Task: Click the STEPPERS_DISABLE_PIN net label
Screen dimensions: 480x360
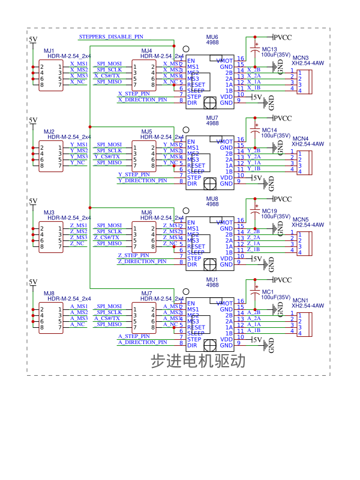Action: point(111,37)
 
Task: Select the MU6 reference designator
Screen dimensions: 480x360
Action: point(212,37)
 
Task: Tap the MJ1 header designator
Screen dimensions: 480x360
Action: point(49,50)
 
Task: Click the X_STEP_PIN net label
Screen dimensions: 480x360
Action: point(134,93)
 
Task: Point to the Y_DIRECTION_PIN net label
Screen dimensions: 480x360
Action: point(142,180)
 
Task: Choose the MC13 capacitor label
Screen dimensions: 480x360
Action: point(269,49)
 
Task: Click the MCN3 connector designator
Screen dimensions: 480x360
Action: point(300,58)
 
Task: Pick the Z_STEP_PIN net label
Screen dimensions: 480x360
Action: point(134,255)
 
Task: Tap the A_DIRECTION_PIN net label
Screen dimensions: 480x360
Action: point(142,342)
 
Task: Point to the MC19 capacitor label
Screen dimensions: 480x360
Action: point(269,211)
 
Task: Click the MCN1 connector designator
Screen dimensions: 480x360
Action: point(300,300)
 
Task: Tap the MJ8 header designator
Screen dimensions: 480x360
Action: point(49,293)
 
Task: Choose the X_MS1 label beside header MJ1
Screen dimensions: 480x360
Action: point(79,64)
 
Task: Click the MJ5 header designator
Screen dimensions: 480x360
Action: point(146,131)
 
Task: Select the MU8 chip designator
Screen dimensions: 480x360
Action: point(212,199)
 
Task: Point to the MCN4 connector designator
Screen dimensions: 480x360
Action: point(300,138)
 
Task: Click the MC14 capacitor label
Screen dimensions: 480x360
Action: point(269,130)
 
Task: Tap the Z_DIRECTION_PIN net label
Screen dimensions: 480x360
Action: point(142,261)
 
